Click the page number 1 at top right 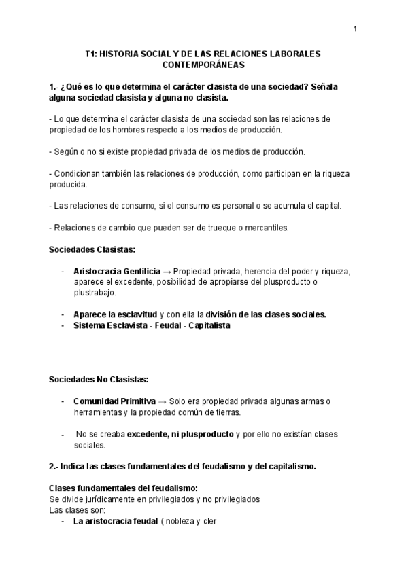(x=355, y=28)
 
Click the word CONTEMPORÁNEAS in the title (x=203, y=65)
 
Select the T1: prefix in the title (x=92, y=54)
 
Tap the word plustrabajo (x=95, y=293)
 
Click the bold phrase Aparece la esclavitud (x=115, y=314)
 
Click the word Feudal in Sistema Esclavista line (x=167, y=325)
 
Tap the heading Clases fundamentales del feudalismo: (x=123, y=488)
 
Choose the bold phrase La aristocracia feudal (x=115, y=522)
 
